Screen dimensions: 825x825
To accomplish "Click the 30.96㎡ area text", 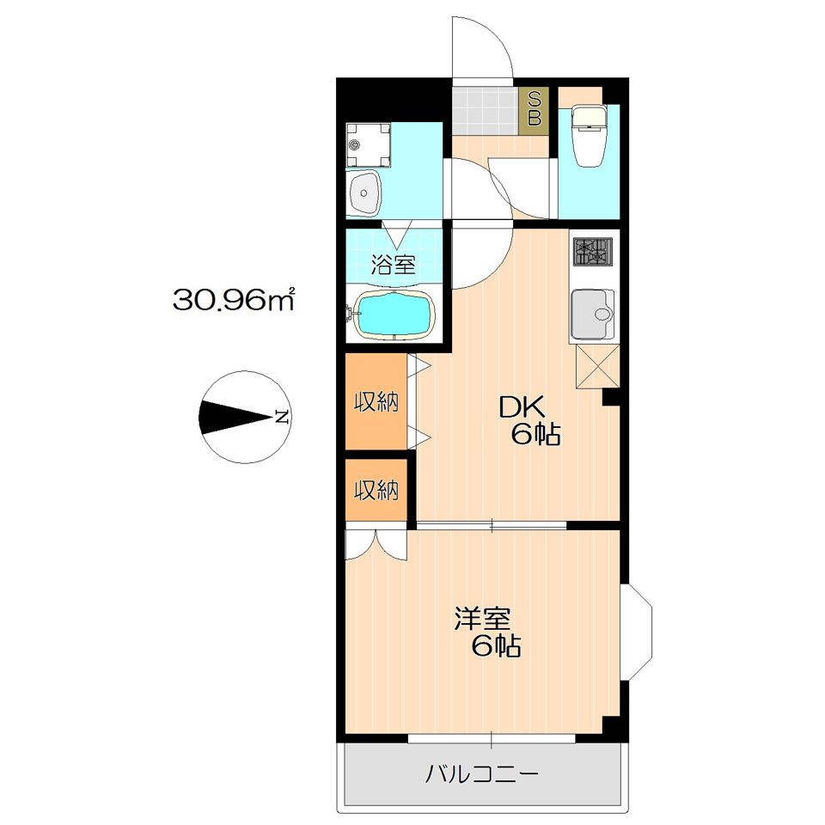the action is pos(234,301).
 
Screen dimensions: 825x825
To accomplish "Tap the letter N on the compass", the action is pos(282,418).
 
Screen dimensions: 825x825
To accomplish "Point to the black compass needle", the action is pos(235,418).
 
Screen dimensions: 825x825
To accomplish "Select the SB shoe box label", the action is pos(534,108).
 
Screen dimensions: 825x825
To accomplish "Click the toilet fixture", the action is pos(589,135).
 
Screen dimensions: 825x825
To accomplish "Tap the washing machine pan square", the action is pos(369,145).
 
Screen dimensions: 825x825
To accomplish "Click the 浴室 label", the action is pos(393,264).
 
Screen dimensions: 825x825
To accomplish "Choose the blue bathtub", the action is pos(395,315).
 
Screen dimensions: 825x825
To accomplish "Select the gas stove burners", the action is pos(592,252).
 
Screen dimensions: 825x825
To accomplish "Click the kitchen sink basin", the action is pos(592,315).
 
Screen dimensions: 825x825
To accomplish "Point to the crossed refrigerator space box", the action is pos(598,366).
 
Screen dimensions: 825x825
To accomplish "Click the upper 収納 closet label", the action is pos(376,402).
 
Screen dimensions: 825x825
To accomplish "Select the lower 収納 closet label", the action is pos(376,491).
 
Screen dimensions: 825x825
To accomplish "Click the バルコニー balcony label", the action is pos(482,774).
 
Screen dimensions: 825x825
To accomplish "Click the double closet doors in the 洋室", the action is pos(376,545).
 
